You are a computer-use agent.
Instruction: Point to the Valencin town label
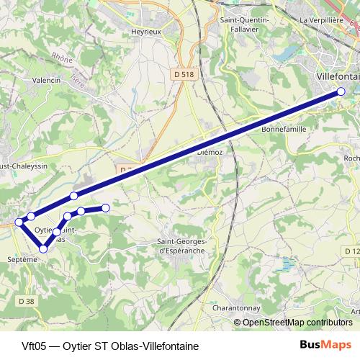pyautogui.click(x=45, y=81)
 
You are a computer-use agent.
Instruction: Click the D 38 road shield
pyautogui.click(x=27, y=300)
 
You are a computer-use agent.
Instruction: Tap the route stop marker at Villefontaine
pyautogui.click(x=341, y=91)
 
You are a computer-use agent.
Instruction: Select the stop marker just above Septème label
pyautogui.click(x=44, y=248)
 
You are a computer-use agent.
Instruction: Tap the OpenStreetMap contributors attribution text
pyautogui.click(x=297, y=323)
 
